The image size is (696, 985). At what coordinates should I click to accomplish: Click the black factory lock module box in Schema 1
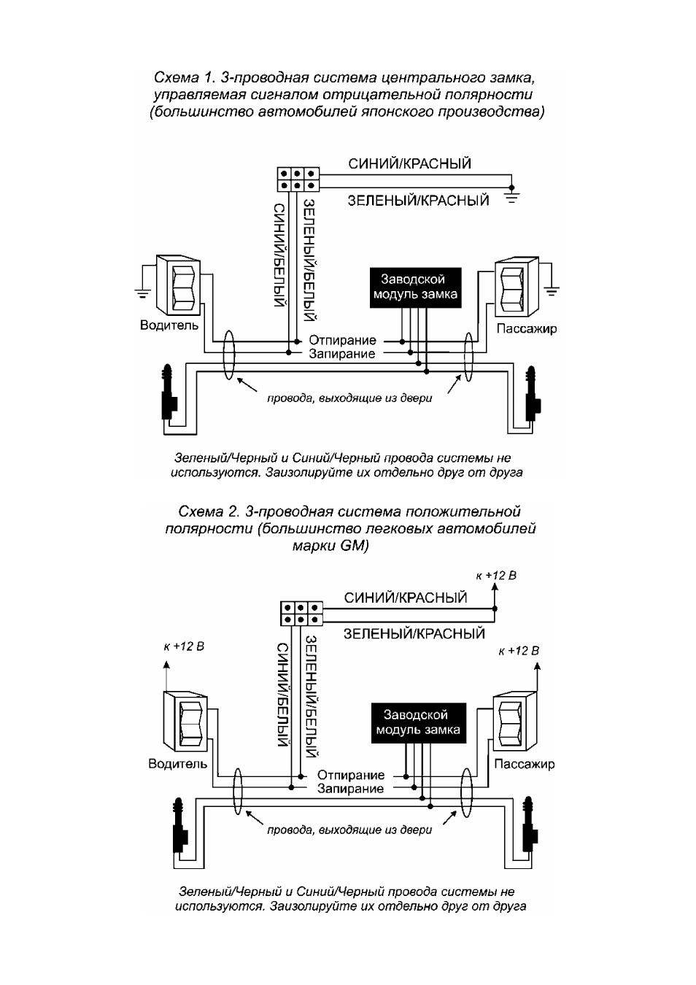415,287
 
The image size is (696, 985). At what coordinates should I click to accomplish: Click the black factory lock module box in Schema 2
418,723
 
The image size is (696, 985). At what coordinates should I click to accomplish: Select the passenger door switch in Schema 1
517,287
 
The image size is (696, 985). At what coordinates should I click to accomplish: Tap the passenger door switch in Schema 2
514,722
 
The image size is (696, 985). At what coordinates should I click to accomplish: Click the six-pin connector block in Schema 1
298,179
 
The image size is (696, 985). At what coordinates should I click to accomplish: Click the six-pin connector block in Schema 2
301,614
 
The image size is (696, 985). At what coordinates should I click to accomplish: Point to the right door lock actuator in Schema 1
533,393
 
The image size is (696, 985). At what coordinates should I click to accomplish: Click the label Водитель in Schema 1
169,325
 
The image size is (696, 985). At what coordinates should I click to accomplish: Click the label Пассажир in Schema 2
524,764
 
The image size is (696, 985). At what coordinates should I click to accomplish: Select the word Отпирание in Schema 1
342,340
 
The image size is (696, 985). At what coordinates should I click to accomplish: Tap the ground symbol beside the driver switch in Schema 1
142,293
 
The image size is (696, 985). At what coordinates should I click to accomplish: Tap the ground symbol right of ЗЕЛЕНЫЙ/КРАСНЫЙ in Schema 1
511,196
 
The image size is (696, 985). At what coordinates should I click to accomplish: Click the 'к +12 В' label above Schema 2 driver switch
185,646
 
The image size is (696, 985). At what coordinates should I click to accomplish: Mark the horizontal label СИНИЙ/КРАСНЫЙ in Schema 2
406,598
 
